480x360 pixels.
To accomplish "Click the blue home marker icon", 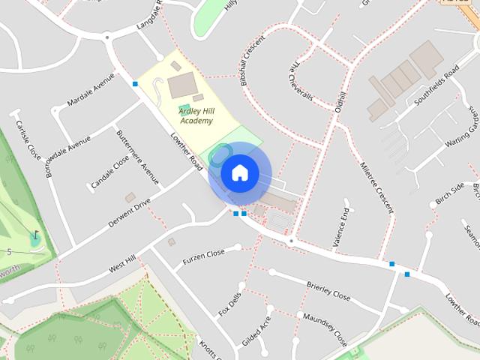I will click(240, 173).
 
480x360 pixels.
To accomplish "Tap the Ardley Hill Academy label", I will click(196, 115).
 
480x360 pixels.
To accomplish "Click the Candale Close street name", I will click(110, 172).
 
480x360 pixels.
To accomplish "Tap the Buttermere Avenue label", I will click(138, 157).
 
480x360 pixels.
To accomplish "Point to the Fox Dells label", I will click(229, 303).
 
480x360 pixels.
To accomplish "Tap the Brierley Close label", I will click(328, 291).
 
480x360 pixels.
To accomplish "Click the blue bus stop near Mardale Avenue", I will click(135, 83).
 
